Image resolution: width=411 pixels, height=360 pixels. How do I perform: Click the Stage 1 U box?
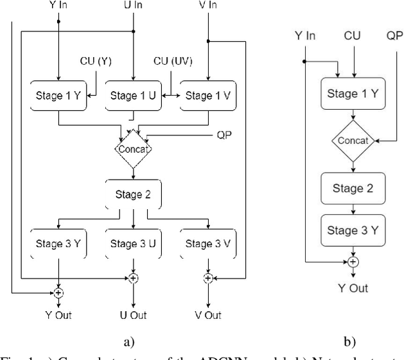pyautogui.click(x=133, y=96)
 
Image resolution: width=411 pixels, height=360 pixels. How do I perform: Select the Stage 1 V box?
pyautogui.click(x=208, y=96)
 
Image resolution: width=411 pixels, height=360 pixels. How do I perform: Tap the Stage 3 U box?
pyautogui.click(x=133, y=243)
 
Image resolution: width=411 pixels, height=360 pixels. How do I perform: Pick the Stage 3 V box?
pyautogui.click(x=208, y=243)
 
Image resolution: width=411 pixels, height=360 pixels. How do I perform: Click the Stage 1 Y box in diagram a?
pyautogui.click(x=58, y=96)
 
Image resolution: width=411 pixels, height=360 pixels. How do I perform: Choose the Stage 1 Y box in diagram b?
pyautogui.click(x=353, y=94)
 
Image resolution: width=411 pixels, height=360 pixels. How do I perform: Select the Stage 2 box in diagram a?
pyautogui.click(x=133, y=195)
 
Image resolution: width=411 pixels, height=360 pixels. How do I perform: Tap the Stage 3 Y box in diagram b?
pyautogui.click(x=353, y=230)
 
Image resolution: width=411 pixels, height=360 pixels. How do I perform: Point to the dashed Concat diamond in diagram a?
pyautogui.click(x=133, y=149)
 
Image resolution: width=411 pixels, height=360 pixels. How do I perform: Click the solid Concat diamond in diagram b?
pyautogui.click(x=353, y=140)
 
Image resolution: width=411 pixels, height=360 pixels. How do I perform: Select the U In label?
pyautogui.click(x=133, y=6)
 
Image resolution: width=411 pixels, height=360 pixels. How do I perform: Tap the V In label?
pyautogui.click(x=208, y=6)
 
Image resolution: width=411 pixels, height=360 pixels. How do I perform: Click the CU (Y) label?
pyautogui.click(x=95, y=61)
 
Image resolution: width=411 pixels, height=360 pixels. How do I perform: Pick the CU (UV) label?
pyautogui.click(x=172, y=61)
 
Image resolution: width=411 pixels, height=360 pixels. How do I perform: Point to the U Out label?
pyautogui.click(x=133, y=315)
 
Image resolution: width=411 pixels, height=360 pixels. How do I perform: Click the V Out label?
pyautogui.click(x=208, y=315)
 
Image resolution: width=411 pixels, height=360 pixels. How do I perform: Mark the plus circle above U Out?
pyautogui.click(x=133, y=278)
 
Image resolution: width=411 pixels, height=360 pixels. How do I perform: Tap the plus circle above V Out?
pyautogui.click(x=208, y=278)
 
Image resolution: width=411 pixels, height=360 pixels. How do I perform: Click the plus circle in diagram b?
pyautogui.click(x=353, y=261)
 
